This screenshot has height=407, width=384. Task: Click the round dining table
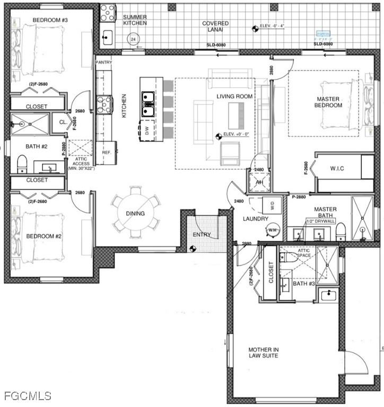(135, 214)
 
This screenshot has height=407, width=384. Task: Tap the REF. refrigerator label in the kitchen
(106, 153)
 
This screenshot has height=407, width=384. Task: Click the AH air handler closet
(259, 182)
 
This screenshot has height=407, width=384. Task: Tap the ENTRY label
(202, 235)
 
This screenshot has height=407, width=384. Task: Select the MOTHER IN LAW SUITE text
(264, 352)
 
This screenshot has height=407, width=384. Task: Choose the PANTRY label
(103, 63)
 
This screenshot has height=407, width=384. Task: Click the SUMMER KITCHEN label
(135, 21)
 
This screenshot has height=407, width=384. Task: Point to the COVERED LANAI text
(215, 27)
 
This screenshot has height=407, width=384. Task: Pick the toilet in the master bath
(342, 229)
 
